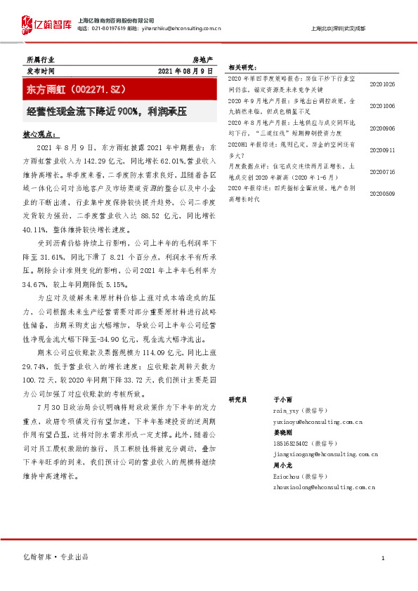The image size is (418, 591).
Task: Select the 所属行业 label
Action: [40, 60]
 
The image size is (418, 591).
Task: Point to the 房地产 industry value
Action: [202, 60]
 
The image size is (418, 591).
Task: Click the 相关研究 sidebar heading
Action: [241, 67]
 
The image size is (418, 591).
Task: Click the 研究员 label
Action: [238, 399]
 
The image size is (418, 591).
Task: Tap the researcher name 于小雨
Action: [282, 399]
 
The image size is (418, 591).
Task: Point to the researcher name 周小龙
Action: [282, 465]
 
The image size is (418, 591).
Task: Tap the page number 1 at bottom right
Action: [383, 558]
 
